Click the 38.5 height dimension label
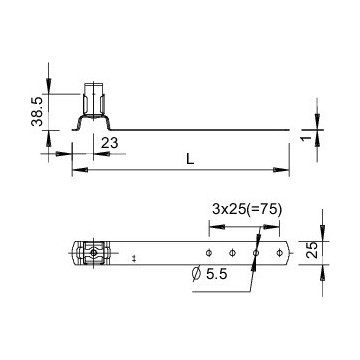pos(37,112)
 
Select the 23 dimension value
pos(110,143)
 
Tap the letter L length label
pos(190,159)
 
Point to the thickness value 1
pos(307,138)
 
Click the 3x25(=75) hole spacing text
pos(247,210)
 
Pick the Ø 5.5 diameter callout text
pos(210,274)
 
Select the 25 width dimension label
pos(312,250)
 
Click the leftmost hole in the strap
pos(209,253)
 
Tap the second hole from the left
pos(232,253)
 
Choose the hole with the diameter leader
pos(256,253)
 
